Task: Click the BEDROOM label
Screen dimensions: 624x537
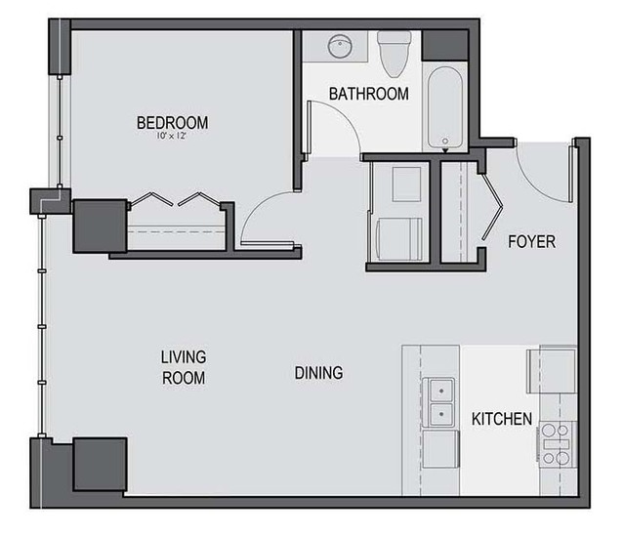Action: (172, 122)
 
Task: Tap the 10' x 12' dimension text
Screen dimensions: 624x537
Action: (172, 136)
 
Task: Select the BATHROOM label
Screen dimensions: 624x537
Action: (369, 94)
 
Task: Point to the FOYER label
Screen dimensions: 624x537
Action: (531, 242)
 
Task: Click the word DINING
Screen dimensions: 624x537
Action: (318, 373)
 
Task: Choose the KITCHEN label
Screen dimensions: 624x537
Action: (502, 419)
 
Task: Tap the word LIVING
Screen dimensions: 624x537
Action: (184, 357)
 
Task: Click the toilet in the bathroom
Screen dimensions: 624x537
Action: (394, 54)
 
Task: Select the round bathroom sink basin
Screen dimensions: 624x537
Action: (340, 47)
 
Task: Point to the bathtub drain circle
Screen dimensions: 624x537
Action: (445, 141)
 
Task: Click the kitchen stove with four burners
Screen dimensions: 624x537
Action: (558, 444)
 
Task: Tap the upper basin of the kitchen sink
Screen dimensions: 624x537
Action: (441, 391)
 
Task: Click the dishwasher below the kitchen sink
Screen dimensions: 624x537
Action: (441, 449)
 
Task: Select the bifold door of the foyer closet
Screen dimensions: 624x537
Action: (493, 207)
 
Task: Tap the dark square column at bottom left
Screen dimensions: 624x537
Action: (101, 464)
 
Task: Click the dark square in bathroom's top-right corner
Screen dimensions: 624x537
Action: (445, 45)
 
